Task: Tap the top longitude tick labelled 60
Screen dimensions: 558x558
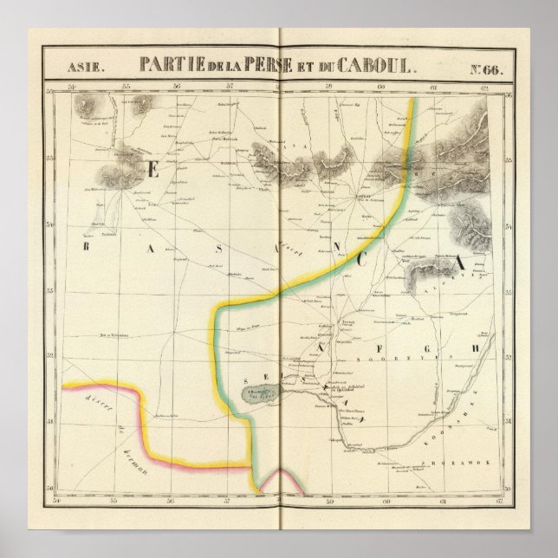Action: tap(380, 86)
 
